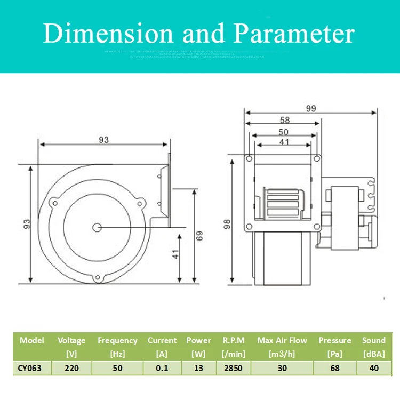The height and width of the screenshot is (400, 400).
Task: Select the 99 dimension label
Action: coord(311,108)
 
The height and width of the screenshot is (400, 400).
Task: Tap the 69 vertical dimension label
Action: coord(199,235)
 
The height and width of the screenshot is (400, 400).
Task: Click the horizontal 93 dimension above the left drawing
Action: coord(103,140)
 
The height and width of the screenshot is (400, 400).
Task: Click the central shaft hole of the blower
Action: coord(97,228)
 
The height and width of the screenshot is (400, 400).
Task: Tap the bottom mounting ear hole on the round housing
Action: coord(97,277)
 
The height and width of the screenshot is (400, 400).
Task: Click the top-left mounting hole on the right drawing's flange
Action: coord(249,158)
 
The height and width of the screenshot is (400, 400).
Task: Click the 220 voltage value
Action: coord(71,368)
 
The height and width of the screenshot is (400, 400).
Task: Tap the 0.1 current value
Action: coord(162,368)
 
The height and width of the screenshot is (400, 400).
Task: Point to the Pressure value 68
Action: coord(335,368)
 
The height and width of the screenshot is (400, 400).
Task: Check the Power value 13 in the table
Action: coord(198,368)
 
